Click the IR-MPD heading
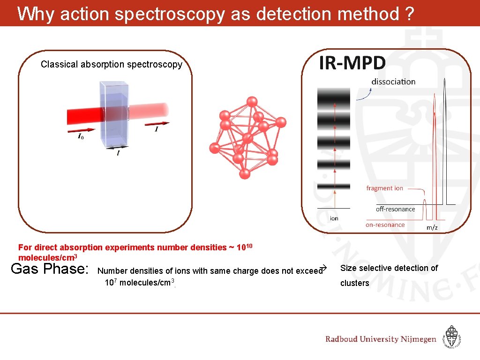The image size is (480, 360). click(x=352, y=63)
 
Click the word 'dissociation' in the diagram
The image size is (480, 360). click(x=393, y=82)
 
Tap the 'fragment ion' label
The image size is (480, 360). click(x=384, y=188)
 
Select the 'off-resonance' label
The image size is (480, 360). click(x=395, y=209)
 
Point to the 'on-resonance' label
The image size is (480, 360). click(x=385, y=225)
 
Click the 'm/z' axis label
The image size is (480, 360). click(x=432, y=227)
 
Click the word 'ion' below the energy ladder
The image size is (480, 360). click(x=334, y=218)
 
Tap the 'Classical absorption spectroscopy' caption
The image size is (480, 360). click(x=111, y=65)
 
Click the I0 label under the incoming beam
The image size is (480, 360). click(x=81, y=137)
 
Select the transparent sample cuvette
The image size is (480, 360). click(x=114, y=114)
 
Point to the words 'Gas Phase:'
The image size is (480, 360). click(x=49, y=269)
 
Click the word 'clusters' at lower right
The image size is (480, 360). click(x=354, y=283)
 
